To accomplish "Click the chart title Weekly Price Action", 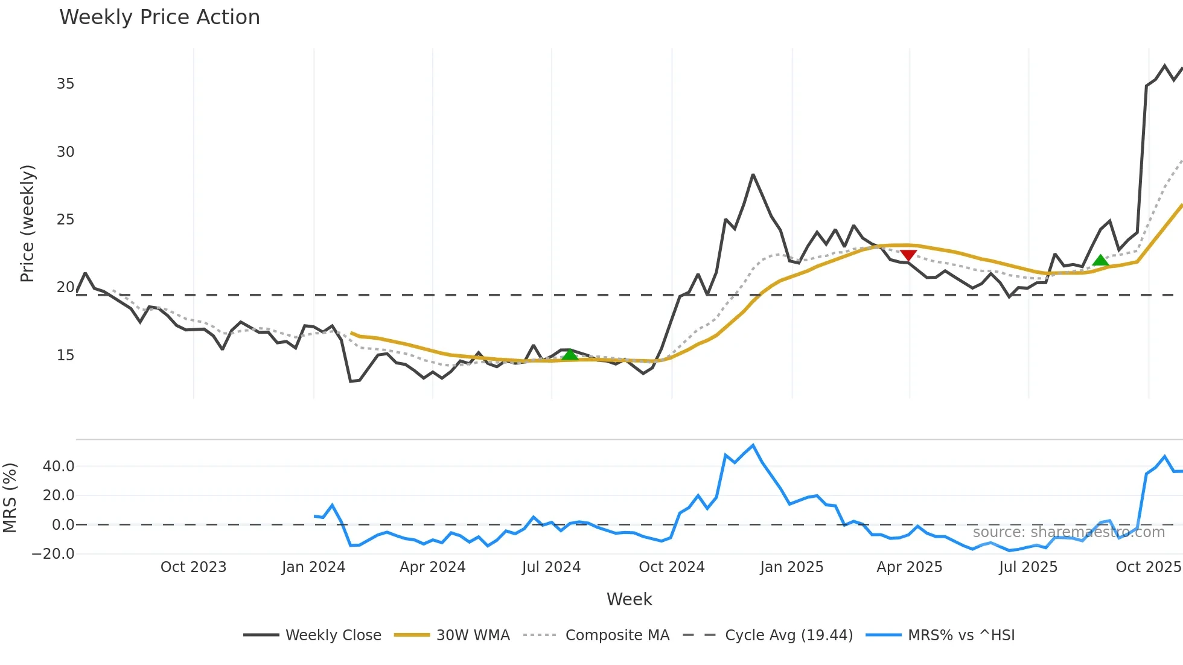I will tap(159, 17).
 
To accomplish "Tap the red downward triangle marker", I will tap(908, 256).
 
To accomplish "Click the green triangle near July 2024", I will tap(570, 354).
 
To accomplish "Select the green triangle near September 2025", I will tap(1100, 261).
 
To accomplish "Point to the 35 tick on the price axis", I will tap(65, 84).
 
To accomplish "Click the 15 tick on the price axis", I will tap(65, 355).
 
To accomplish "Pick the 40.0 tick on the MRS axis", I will tap(59, 466).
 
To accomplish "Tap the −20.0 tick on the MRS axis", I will tap(54, 554).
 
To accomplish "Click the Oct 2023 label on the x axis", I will tap(193, 567).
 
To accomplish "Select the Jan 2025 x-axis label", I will tap(791, 567).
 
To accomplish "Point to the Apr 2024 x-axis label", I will tap(432, 567).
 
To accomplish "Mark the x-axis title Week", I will tap(629, 599).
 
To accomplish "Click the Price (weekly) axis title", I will tap(27, 223).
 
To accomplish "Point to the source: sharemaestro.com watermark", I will tap(1068, 532).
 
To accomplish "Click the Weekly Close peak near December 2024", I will tap(753, 175).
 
